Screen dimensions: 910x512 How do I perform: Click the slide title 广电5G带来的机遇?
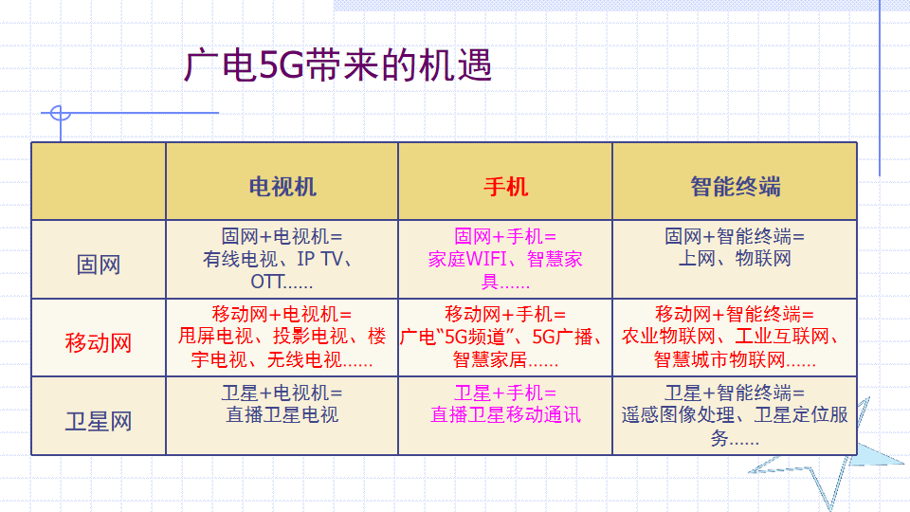click(x=337, y=64)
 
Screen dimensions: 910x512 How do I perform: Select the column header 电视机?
click(x=282, y=187)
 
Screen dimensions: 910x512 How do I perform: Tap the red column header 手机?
click(x=505, y=187)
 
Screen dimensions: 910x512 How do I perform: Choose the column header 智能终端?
click(x=735, y=187)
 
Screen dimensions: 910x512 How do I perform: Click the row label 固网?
click(x=99, y=265)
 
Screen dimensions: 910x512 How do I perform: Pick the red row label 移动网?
click(x=99, y=342)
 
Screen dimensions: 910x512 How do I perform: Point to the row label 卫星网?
click(x=99, y=421)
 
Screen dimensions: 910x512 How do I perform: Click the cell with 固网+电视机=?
click(x=282, y=259)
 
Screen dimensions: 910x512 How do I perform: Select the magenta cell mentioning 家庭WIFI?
click(x=505, y=259)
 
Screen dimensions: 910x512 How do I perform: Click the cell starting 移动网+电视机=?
click(x=282, y=338)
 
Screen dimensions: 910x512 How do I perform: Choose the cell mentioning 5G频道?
click(x=505, y=338)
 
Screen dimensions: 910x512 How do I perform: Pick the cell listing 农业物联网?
click(x=735, y=338)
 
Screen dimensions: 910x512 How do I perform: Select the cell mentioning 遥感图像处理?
click(x=735, y=415)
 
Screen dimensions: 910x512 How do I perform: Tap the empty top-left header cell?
click(x=99, y=181)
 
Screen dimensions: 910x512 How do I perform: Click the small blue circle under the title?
click(x=61, y=113)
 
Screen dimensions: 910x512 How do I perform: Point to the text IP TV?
click(x=319, y=259)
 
